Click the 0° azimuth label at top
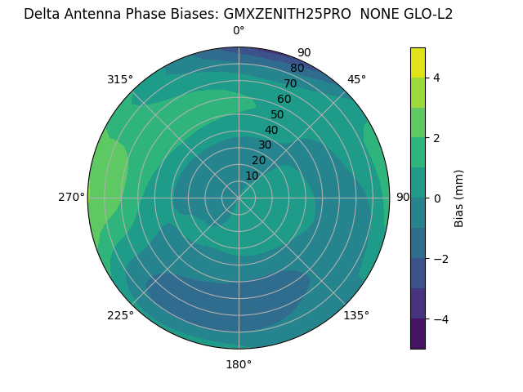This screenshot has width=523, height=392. [239, 31]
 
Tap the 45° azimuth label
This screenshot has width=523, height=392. [356, 79]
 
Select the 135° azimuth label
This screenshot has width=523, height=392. [356, 315]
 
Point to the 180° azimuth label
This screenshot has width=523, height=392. [239, 364]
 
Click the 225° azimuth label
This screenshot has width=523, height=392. [120, 315]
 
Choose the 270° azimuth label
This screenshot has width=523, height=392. [71, 197]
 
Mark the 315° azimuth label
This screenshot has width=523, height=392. [120, 79]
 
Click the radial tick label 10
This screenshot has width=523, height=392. [252, 176]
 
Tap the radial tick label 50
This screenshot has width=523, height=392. [277, 114]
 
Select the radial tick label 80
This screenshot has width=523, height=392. [297, 68]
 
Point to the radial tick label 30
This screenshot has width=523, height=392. [265, 145]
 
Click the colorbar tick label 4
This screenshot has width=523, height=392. [437, 78]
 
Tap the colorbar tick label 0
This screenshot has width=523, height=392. [437, 198]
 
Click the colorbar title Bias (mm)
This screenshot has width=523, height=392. [459, 198]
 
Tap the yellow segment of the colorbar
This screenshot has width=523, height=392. [418, 62]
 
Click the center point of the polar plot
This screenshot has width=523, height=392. [239, 198]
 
